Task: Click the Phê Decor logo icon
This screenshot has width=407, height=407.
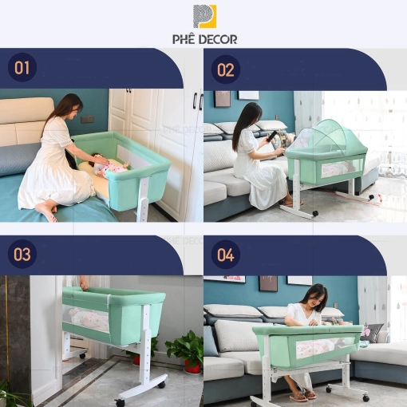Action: [204, 16]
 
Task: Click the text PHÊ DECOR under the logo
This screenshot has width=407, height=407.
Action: [204, 39]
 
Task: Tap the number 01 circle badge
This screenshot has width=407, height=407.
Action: [22, 67]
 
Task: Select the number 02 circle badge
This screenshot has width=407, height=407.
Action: [226, 69]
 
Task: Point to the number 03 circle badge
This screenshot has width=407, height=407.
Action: [22, 254]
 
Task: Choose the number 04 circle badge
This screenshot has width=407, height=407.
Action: [226, 255]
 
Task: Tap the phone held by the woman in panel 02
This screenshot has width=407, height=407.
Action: [272, 137]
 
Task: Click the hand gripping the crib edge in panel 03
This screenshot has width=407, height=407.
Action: [84, 283]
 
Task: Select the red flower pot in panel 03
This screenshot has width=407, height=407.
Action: [192, 366]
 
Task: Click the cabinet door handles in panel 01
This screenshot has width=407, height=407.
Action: [199, 101]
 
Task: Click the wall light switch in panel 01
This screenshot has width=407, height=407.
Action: [87, 119]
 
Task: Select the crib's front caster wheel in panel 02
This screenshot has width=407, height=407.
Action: [315, 213]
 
